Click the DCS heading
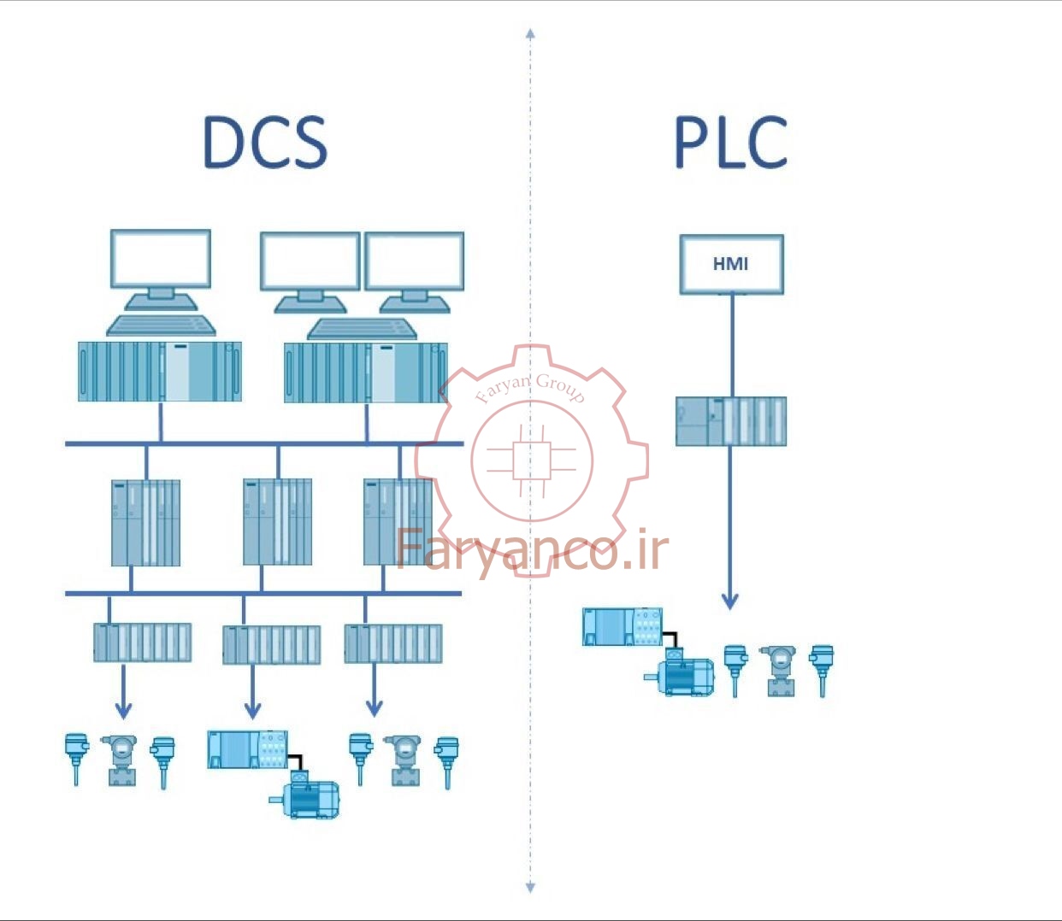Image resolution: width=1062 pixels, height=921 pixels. pos(265,143)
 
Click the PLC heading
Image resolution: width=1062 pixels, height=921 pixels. pos(731,143)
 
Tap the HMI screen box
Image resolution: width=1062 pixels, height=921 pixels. pos(732,265)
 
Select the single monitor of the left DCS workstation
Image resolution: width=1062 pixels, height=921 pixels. pos(161,270)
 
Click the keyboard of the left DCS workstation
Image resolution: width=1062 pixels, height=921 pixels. pos(161,326)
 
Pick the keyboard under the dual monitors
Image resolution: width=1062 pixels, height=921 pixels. pos(362,329)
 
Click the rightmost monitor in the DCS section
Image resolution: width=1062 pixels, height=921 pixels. pos(414,273)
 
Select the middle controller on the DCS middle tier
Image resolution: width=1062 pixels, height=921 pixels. pos(278,522)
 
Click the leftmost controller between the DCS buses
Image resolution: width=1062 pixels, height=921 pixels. pos(146,523)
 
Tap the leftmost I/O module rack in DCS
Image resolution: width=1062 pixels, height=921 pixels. pos(142,642)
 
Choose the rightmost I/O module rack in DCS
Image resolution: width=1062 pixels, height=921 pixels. pos(393,643)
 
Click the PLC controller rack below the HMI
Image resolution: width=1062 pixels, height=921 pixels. pos(731,421)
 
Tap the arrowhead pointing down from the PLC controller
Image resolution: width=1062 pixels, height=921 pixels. pos(730,601)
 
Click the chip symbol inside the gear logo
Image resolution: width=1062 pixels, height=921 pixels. pos(532,460)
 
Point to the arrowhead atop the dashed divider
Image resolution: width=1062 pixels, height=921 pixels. pos(530,33)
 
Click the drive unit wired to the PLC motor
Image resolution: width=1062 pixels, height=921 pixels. pos(622,626)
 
